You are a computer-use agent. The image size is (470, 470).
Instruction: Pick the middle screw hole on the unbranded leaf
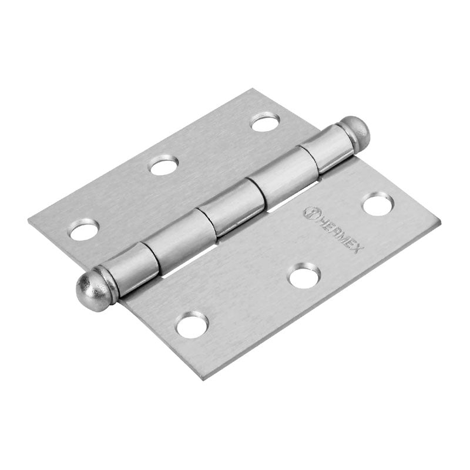[163, 166]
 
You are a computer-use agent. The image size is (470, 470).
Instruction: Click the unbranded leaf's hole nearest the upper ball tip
[265, 122]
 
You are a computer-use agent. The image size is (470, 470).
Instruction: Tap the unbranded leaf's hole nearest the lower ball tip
[83, 230]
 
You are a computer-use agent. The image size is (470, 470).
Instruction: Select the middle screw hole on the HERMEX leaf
[304, 275]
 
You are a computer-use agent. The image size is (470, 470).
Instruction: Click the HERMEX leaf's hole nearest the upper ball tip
[377, 205]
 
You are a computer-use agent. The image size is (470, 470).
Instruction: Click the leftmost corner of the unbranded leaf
[29, 221]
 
